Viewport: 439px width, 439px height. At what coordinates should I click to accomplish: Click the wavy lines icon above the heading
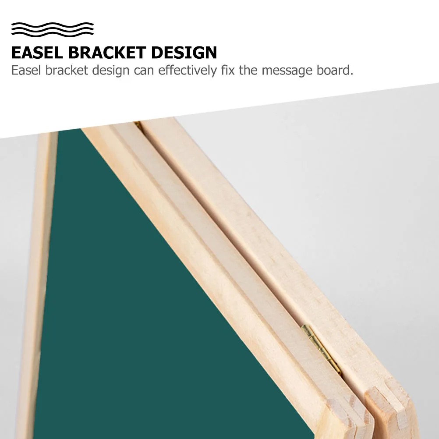[x=53, y=29]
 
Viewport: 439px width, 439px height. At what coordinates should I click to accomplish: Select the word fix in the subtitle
[x=228, y=70]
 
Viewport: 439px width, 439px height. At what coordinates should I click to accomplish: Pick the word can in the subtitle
[x=145, y=70]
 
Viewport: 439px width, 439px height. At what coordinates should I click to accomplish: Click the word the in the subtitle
[x=248, y=70]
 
